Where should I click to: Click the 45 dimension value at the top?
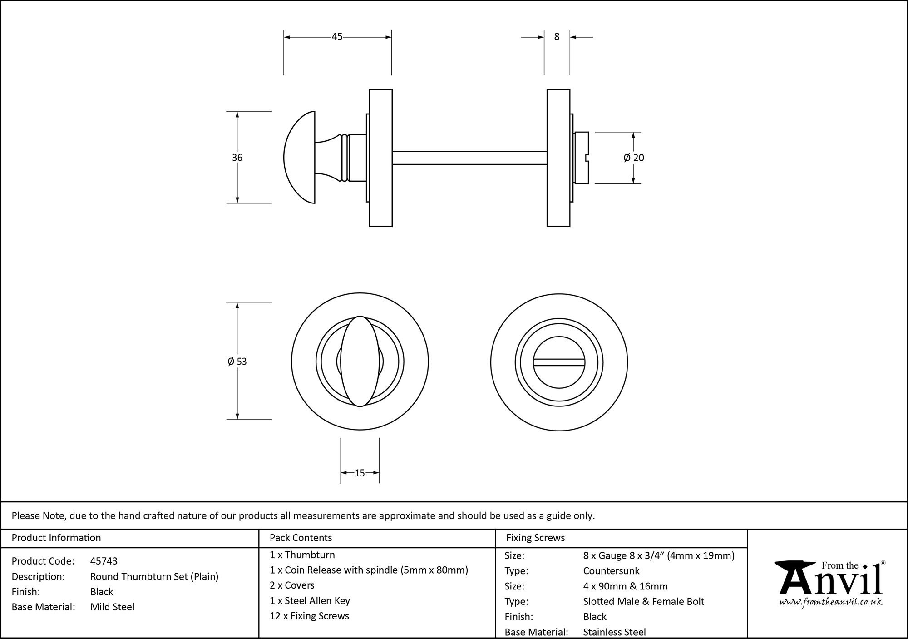pyautogui.click(x=336, y=37)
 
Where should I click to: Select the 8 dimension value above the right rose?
pyautogui.click(x=557, y=37)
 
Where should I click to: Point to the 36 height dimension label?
pyautogui.click(x=237, y=158)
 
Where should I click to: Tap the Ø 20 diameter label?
pyautogui.click(x=634, y=158)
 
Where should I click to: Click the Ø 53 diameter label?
pyautogui.click(x=237, y=362)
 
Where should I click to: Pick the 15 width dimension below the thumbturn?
pyautogui.click(x=360, y=473)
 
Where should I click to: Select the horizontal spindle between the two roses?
pyautogui.click(x=469, y=158)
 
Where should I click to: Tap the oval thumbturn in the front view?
pyautogui.click(x=360, y=361)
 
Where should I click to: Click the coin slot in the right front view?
pyautogui.click(x=559, y=362)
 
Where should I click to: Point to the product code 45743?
pyautogui.click(x=104, y=561)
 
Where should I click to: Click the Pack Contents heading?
pyautogui.click(x=301, y=538)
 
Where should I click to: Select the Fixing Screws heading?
pyautogui.click(x=535, y=538)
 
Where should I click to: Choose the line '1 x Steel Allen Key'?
pyautogui.click(x=310, y=601)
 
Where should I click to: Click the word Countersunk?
pyautogui.click(x=611, y=571)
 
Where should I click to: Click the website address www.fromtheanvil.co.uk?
pyautogui.click(x=831, y=602)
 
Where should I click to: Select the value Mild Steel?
pyautogui.click(x=112, y=607)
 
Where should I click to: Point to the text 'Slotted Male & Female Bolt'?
pyautogui.click(x=643, y=601)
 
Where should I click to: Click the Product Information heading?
pyautogui.click(x=56, y=538)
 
